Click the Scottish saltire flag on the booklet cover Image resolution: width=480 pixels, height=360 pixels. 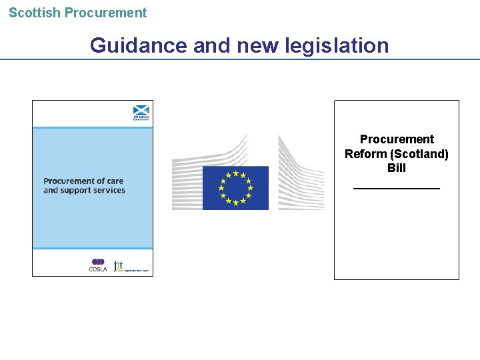click(x=141, y=111)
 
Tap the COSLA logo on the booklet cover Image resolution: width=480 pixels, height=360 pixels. click(x=98, y=265)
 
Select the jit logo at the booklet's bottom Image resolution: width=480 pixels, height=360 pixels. click(x=119, y=265)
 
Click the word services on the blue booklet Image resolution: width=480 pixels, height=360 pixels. click(x=110, y=191)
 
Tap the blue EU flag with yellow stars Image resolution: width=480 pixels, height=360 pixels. click(x=235, y=187)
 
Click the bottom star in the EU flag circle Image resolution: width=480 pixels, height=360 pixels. click(x=235, y=203)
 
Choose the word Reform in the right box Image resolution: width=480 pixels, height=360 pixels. click(x=363, y=154)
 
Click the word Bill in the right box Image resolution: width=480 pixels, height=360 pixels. click(x=397, y=168)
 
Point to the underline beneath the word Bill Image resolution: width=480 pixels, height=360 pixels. click(x=397, y=188)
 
